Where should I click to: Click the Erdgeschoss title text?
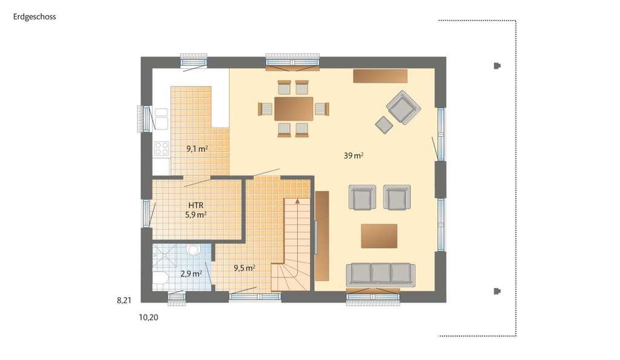(35, 17)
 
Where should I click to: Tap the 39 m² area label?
(354, 155)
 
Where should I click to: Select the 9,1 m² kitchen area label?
(197, 148)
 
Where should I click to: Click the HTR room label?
(196, 205)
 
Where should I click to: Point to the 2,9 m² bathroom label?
(191, 273)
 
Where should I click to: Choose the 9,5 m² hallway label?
(244, 267)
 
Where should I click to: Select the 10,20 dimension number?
(150, 316)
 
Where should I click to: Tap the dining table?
(294, 109)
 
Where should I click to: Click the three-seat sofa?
(380, 274)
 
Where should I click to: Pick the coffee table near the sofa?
(379, 235)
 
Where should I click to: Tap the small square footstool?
(384, 124)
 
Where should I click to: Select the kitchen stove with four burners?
(162, 149)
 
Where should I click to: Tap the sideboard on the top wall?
(380, 75)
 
